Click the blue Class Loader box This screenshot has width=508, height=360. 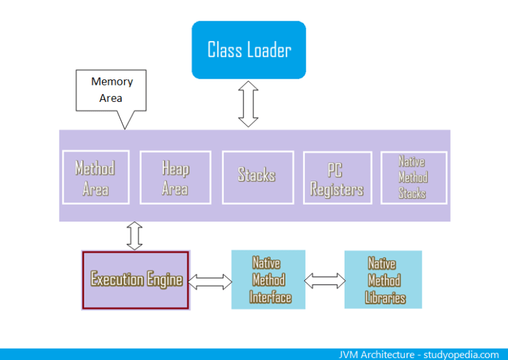pyautogui.click(x=249, y=50)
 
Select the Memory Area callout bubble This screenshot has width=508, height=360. pyautogui.click(x=112, y=90)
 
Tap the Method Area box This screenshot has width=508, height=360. pyautogui.click(x=95, y=178)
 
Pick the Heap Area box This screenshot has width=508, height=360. pyautogui.click(x=175, y=178)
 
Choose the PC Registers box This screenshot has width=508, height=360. pyautogui.click(x=337, y=179)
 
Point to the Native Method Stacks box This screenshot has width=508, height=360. pyautogui.click(x=413, y=177)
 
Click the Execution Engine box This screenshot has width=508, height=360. pyautogui.click(x=136, y=279)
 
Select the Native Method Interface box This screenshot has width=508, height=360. pyautogui.click(x=268, y=279)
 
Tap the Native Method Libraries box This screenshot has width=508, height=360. pyautogui.click(x=383, y=280)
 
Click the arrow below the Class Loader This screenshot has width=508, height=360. pyautogui.click(x=249, y=105)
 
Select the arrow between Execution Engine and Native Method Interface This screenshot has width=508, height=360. pyautogui.click(x=210, y=281)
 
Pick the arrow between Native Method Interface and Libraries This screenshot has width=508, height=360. pyautogui.click(x=325, y=281)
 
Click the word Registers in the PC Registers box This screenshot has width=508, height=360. pyautogui.click(x=337, y=190)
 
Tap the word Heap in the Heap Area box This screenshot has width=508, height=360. pyautogui.click(x=175, y=169)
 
